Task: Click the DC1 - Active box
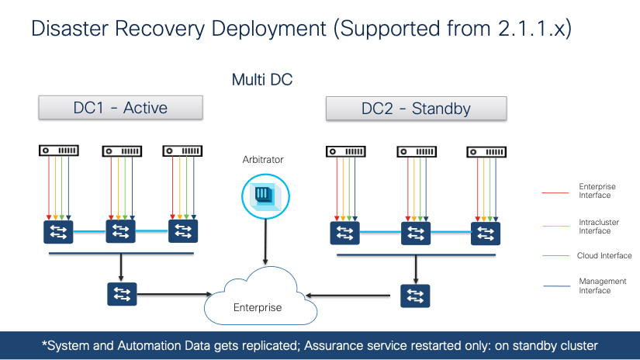coord(120,108)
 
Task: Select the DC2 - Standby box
coord(416,108)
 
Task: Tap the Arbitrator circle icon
coord(265,194)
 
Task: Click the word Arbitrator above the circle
coord(263,160)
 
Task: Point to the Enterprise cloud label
coord(258,308)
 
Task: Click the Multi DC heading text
coord(262,79)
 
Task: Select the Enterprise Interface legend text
coord(596,191)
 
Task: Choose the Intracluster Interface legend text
coord(596,226)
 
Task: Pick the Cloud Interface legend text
coord(604,255)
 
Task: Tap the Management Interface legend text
coord(595,286)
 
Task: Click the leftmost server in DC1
coord(59,150)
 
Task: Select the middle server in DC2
coord(417,151)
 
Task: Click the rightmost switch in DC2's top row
coord(485,233)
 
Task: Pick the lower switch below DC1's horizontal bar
coord(122,294)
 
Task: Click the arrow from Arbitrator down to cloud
coord(265,244)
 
